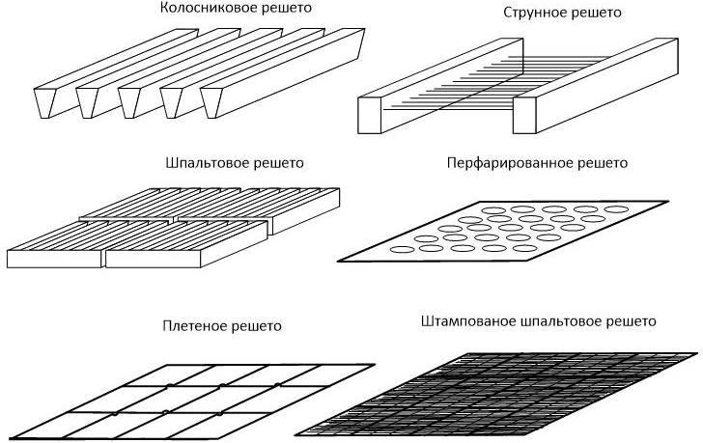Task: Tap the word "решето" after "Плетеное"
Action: click(256, 326)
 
